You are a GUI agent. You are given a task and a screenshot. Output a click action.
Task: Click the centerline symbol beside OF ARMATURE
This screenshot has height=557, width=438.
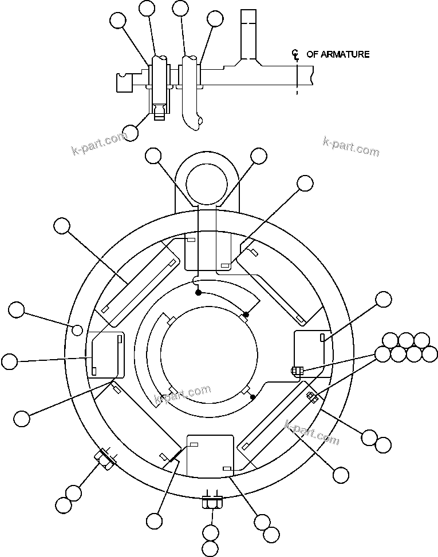pos(296,54)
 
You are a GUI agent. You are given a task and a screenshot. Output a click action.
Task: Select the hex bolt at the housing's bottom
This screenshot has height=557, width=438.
pos(212,503)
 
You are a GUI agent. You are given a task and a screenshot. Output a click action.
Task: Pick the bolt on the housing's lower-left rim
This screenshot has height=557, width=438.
pos(105,459)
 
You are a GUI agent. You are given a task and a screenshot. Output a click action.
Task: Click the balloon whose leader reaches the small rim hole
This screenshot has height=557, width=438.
pos(17,311)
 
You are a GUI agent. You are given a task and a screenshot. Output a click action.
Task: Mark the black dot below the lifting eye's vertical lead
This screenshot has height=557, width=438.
pos(198,292)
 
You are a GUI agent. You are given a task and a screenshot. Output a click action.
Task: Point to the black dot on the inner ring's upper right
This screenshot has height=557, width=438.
pos(246,314)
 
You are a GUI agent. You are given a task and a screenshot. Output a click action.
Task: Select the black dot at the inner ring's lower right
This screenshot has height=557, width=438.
pos(253,396)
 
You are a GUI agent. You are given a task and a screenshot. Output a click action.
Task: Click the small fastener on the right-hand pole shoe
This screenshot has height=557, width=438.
pos(295,371)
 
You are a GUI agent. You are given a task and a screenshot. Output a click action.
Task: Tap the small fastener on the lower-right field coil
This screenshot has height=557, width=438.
pos(312,397)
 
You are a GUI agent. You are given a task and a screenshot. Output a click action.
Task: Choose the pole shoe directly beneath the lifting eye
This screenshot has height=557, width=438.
pos(209,252)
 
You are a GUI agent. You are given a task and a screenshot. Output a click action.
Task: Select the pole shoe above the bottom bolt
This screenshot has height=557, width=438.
pos(211,456)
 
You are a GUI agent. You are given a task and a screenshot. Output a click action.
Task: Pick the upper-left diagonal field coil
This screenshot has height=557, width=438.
pos(137,274)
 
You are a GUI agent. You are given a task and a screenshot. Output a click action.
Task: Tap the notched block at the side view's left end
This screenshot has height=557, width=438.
pos(125,83)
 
